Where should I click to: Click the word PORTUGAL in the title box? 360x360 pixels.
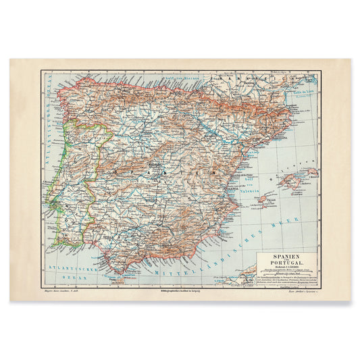click(x=288, y=265)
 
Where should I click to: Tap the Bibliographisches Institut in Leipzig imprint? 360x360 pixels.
click(x=180, y=291)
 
